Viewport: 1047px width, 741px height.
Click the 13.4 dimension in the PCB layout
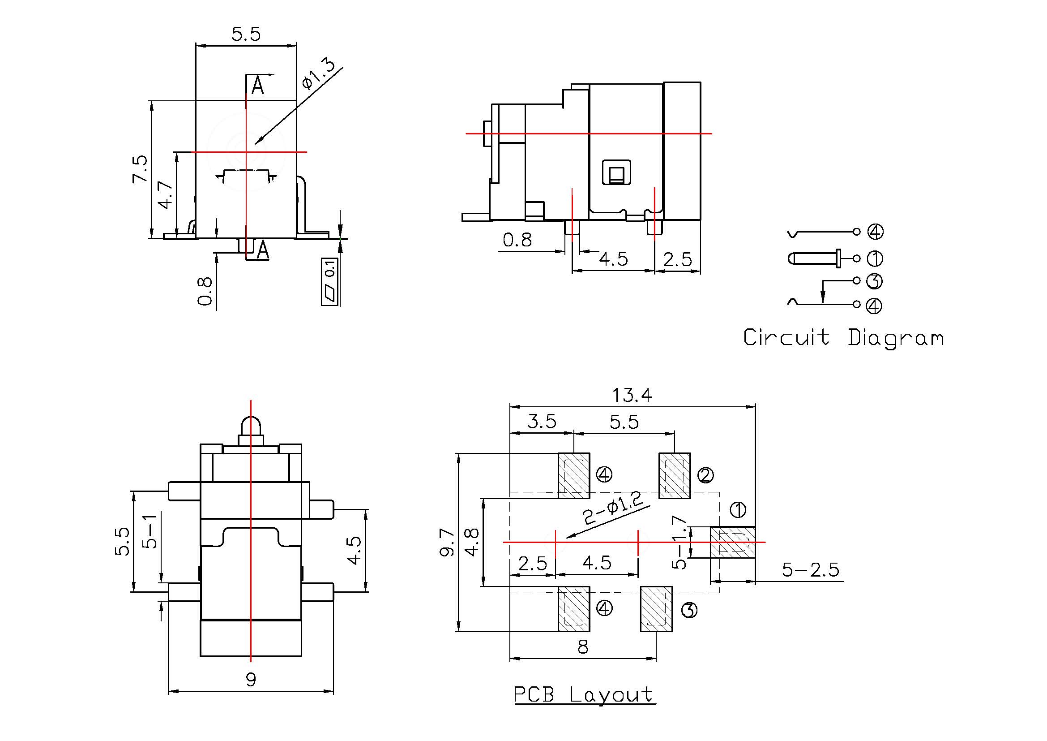click(x=632, y=395)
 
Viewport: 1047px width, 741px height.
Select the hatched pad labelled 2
click(x=675, y=476)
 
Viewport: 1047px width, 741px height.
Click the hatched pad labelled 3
click(x=656, y=609)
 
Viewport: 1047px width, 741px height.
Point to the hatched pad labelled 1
click(x=732, y=542)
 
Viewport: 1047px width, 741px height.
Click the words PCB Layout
click(x=585, y=695)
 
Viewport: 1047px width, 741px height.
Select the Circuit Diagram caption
click(x=843, y=338)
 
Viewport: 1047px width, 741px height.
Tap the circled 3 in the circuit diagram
click(x=874, y=281)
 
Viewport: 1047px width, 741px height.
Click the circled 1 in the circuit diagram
click(x=875, y=258)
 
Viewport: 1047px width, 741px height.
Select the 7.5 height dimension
click(x=140, y=169)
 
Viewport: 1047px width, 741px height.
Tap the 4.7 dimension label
click(x=166, y=195)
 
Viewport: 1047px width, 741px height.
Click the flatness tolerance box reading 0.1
click(x=330, y=281)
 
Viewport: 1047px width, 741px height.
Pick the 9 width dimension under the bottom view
click(x=251, y=680)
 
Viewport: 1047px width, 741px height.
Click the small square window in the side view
click(x=616, y=173)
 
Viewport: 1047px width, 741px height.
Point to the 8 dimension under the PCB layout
click(x=583, y=647)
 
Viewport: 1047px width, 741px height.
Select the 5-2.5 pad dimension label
click(x=810, y=570)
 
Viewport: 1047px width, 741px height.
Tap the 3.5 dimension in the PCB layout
click(x=542, y=422)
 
